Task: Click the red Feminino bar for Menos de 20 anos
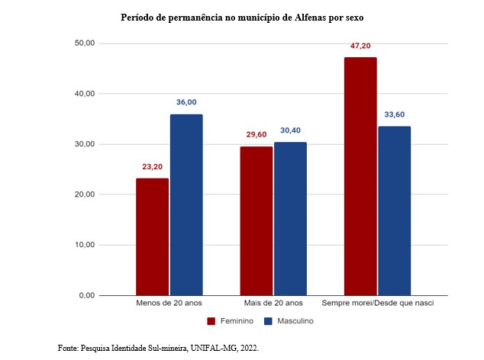click(x=152, y=236)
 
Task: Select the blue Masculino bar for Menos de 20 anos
click(x=186, y=204)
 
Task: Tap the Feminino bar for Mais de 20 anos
click(x=257, y=220)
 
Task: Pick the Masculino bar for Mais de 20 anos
click(x=290, y=219)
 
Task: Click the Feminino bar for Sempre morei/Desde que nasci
click(x=360, y=176)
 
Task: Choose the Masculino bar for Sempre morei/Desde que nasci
click(x=395, y=211)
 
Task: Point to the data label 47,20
click(x=360, y=46)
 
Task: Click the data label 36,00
click(x=186, y=102)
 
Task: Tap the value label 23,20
click(x=152, y=166)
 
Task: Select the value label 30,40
click(x=291, y=130)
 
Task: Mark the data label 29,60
click(x=256, y=134)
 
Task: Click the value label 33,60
click(x=395, y=114)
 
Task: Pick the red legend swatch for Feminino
click(x=210, y=321)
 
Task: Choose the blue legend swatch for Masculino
click(x=267, y=321)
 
